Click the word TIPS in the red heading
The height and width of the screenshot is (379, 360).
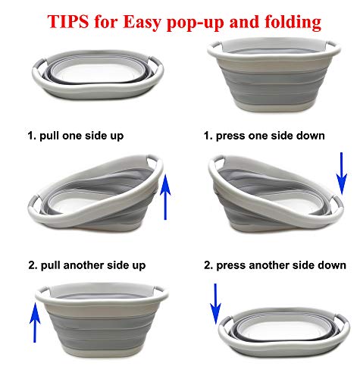tap(68, 21)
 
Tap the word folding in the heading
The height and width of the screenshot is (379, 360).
tap(293, 23)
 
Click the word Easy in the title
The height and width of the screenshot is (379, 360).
tap(142, 23)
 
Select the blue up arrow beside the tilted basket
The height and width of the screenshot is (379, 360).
tap(165, 197)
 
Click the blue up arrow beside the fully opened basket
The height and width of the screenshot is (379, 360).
tap(35, 323)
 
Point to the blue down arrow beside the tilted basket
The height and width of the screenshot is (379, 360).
tap(342, 174)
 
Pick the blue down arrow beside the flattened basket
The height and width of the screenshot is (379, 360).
tap(215, 304)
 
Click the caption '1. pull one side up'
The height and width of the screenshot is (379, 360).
tap(76, 136)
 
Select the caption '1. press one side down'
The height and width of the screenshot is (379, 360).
tap(265, 136)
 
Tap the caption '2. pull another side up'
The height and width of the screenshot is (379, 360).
tap(87, 265)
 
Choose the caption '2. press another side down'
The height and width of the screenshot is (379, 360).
tap(275, 265)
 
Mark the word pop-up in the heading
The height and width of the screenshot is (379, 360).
tap(196, 23)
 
